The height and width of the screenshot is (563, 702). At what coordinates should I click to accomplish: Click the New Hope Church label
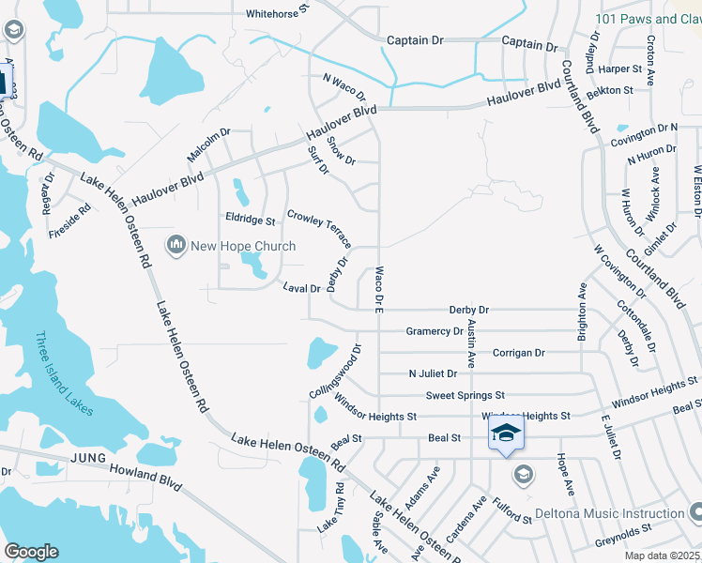point(243,247)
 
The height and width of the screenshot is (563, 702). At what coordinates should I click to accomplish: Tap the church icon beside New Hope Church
point(175,247)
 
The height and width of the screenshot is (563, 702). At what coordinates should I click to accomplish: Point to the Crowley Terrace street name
point(319,229)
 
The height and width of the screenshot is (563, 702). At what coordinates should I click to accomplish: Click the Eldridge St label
point(251,221)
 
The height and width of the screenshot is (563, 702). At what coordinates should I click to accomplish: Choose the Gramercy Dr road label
point(435,331)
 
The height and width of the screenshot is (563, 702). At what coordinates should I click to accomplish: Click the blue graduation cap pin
point(505,434)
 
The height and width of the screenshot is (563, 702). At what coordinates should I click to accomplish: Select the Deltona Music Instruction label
point(609,514)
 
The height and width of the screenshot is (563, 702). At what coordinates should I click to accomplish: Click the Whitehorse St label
point(278,13)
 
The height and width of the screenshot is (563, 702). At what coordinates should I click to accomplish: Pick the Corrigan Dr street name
point(519,353)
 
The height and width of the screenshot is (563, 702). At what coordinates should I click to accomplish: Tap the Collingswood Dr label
point(335,373)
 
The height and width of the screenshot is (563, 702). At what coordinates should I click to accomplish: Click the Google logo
point(31,552)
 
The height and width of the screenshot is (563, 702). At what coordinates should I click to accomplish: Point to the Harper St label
point(619,68)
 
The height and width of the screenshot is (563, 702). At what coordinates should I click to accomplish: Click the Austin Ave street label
point(472,342)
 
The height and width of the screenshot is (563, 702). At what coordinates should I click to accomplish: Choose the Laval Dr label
point(302,288)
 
